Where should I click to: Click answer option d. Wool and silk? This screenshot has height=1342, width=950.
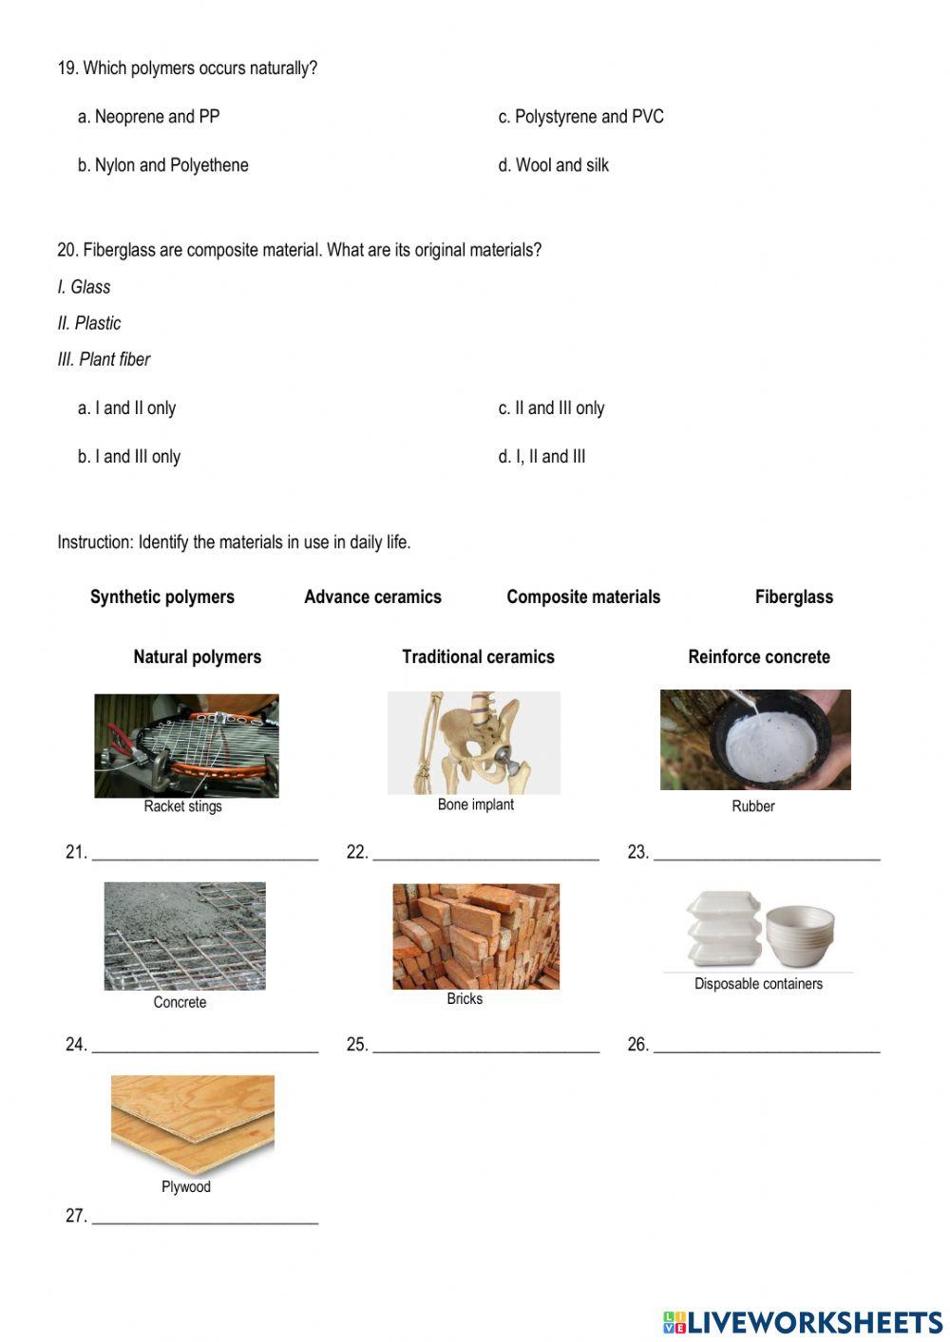(x=553, y=165)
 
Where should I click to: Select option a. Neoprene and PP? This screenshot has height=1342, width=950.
(x=148, y=117)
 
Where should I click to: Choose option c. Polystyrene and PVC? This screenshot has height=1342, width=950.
(x=580, y=117)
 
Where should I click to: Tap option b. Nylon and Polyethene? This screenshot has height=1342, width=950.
(x=162, y=165)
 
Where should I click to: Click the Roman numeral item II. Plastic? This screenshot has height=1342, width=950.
(x=89, y=323)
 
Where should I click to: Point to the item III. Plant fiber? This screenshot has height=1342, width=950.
(x=104, y=359)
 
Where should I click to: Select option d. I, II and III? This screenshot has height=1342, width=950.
(x=541, y=457)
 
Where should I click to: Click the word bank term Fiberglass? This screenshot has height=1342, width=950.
(x=793, y=596)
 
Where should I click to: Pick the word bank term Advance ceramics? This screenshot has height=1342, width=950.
(x=372, y=596)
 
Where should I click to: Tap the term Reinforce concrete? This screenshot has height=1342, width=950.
(x=758, y=656)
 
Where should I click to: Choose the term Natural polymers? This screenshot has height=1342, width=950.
(x=197, y=656)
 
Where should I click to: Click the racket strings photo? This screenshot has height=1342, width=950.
(x=186, y=746)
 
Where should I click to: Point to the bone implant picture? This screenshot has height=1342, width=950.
(x=473, y=743)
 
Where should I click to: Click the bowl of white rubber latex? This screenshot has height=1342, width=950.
(x=755, y=740)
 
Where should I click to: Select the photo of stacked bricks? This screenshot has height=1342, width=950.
(x=475, y=936)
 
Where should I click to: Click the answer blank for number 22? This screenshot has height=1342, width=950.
(x=485, y=852)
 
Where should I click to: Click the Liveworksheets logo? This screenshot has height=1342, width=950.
(x=802, y=1322)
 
